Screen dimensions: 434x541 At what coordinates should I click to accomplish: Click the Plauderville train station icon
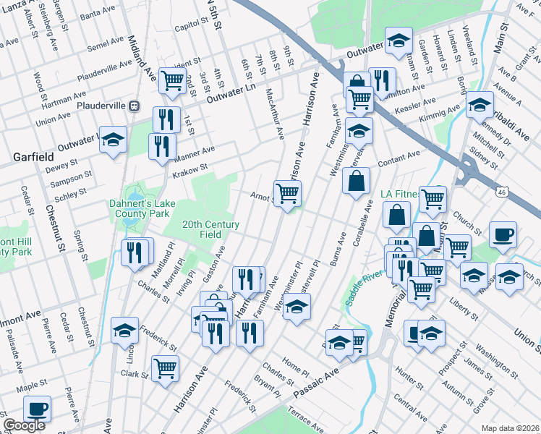tap(134, 106)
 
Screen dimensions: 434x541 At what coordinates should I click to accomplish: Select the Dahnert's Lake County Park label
tap(140, 208)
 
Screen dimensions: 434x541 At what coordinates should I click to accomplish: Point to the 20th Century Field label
tap(210, 230)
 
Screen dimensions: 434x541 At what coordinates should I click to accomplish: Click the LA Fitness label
tap(404, 195)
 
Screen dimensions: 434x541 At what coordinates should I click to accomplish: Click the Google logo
tap(24, 426)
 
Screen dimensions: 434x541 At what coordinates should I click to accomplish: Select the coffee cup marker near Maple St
tap(37, 408)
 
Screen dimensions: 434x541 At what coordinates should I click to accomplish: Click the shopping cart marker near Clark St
tap(166, 367)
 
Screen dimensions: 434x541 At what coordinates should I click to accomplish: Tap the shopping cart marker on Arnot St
tap(288, 193)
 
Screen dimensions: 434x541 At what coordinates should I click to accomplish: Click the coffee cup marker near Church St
tap(503, 234)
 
